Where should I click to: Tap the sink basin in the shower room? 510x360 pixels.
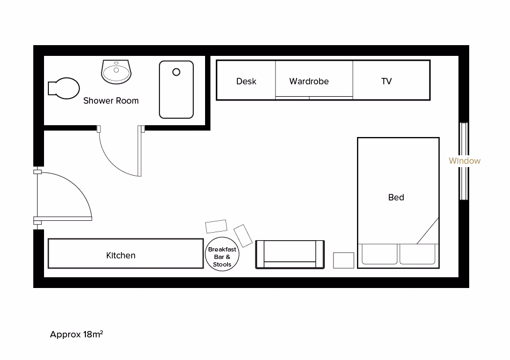point(116,71)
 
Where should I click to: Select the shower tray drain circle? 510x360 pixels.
point(176,72)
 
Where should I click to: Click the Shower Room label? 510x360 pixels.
point(111,100)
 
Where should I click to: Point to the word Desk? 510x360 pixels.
point(246,81)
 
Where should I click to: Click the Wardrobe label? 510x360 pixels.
point(309,81)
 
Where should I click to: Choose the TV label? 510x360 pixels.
point(387,81)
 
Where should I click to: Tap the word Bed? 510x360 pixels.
point(396,197)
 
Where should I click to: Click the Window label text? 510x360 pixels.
point(464,161)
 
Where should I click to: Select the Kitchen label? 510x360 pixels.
point(121,255)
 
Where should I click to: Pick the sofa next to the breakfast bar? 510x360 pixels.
point(290,254)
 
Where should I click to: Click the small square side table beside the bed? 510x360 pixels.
point(344,260)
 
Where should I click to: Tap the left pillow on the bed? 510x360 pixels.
point(380,254)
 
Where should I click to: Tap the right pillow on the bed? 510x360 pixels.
point(417,254)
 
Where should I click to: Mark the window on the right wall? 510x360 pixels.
point(463,161)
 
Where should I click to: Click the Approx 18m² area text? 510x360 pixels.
point(76,334)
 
